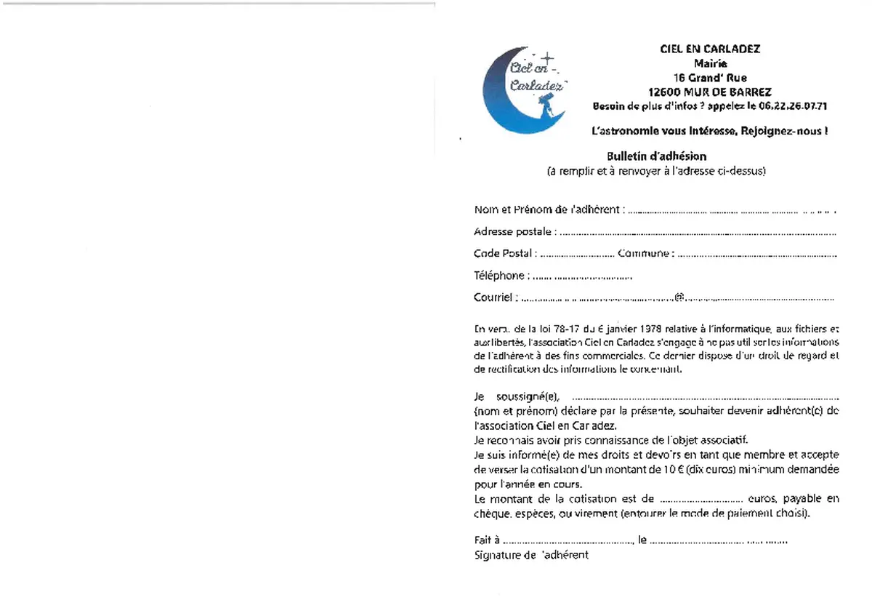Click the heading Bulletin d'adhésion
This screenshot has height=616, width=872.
656,156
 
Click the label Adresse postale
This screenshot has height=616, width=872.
513,232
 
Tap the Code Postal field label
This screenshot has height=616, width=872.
503,254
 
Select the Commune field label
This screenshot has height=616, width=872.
642,254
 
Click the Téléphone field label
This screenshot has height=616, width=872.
499,276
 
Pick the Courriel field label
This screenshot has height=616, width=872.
494,297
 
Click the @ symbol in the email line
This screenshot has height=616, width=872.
679,297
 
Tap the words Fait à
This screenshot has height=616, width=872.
486,541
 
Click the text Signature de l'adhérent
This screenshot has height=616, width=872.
531,556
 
